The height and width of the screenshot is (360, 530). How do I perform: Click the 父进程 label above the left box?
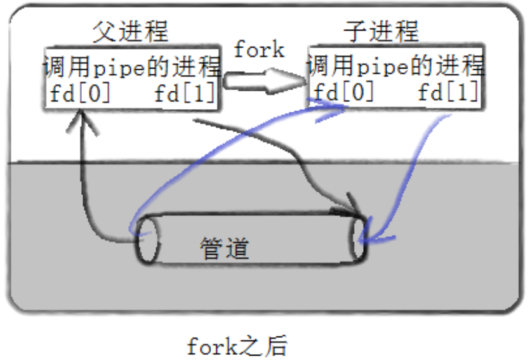pos(130,30)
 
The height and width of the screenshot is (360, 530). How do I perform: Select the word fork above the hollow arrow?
pos(258,50)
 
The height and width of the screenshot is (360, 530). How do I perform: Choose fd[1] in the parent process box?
pos(185,95)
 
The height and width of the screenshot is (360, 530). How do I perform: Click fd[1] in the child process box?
pos(448,93)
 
